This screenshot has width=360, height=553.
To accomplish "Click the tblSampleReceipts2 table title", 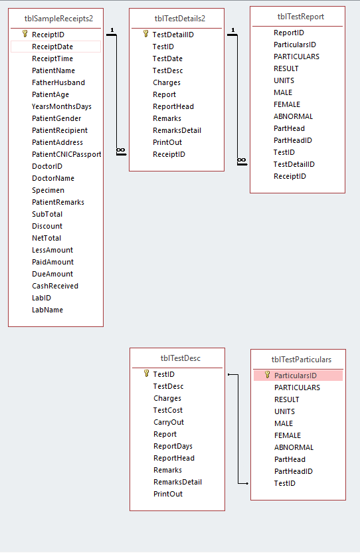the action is (58, 19).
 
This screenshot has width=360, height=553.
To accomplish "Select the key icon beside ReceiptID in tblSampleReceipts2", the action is (25, 34).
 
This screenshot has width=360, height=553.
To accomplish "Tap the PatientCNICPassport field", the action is (66, 154).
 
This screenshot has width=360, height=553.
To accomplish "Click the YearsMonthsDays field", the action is (61, 106).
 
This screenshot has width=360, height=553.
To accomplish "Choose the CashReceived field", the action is (55, 286).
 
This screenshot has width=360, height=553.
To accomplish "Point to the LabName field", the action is (47, 310).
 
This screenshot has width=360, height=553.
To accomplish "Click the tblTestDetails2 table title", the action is (180, 19).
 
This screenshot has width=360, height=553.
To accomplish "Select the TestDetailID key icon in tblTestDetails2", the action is (146, 34).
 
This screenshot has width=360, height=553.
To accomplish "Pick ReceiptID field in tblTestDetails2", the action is (169, 154).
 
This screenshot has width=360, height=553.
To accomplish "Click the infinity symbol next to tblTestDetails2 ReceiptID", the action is (121, 151).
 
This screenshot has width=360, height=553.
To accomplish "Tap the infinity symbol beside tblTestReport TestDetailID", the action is (242, 160).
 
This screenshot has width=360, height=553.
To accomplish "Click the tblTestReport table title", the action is (301, 17).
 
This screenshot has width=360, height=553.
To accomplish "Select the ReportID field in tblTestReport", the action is (289, 33).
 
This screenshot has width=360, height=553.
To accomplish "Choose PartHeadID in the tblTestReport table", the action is (293, 140).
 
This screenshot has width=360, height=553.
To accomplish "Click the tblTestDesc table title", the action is (181, 358).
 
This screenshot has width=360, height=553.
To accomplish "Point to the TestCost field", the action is (168, 410).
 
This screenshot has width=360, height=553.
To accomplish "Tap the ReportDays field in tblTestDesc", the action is (173, 446).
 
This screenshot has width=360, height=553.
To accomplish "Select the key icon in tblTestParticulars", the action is (268, 375).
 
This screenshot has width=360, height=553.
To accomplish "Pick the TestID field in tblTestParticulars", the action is (285, 483).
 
